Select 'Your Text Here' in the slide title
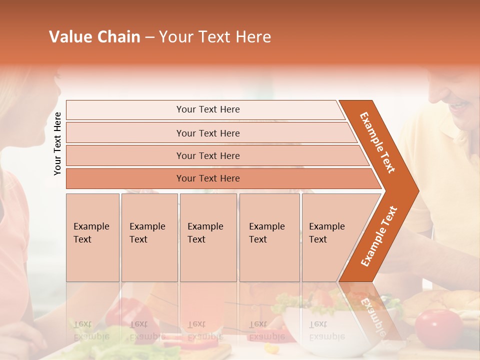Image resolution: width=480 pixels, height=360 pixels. [215, 37]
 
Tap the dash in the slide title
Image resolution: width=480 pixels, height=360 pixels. [150, 37]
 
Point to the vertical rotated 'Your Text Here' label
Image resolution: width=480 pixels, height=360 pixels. [57, 143]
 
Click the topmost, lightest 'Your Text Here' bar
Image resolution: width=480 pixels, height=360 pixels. [207, 109]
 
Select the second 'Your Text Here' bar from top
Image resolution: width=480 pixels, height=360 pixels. [207, 133]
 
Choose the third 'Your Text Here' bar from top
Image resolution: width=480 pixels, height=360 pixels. [207, 155]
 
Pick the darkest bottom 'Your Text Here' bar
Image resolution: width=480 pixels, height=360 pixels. [207, 178]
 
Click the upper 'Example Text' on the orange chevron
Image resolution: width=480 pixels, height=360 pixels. [377, 142]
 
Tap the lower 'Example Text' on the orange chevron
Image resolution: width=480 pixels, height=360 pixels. [379, 236]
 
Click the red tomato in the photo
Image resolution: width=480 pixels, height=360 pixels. [438, 327]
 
